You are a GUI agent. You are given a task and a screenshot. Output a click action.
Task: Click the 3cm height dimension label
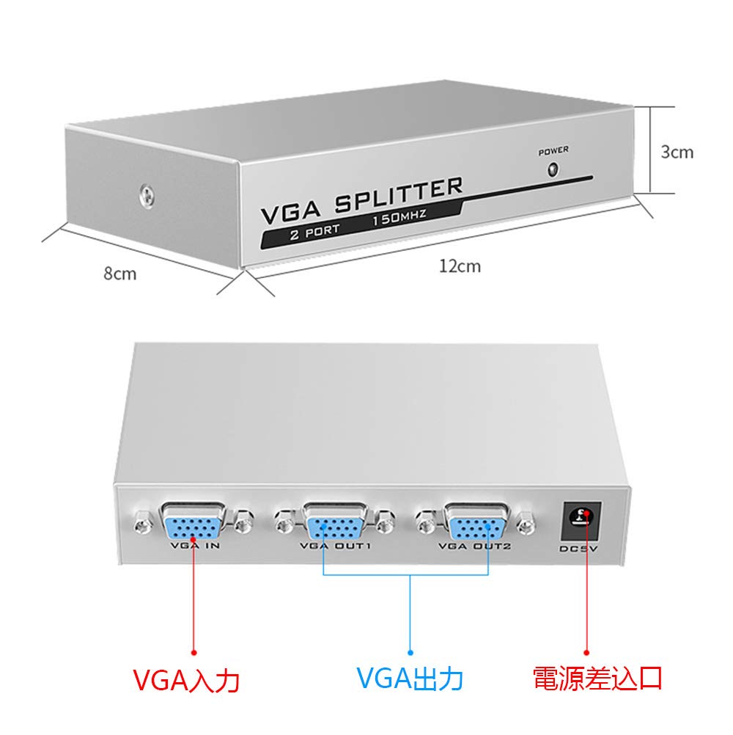[677, 152]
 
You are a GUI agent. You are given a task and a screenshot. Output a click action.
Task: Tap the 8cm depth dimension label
[119, 274]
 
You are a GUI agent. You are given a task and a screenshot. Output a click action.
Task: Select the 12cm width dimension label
[460, 266]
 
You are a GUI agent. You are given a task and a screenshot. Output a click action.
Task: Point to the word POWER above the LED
[553, 151]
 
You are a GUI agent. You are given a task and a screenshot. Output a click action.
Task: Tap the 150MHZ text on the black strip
[399, 218]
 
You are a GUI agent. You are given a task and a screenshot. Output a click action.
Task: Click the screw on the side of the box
[147, 196]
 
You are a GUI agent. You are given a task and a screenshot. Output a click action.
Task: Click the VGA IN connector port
[194, 524]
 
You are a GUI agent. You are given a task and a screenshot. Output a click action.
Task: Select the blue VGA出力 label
[410, 679]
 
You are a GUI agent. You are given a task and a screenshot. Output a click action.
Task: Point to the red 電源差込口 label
[597, 678]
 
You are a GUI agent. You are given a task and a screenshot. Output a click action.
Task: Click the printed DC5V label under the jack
[580, 549]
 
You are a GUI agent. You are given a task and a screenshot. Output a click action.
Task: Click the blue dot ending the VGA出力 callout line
[410, 649]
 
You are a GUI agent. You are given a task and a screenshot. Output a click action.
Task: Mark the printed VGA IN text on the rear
[195, 546]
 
